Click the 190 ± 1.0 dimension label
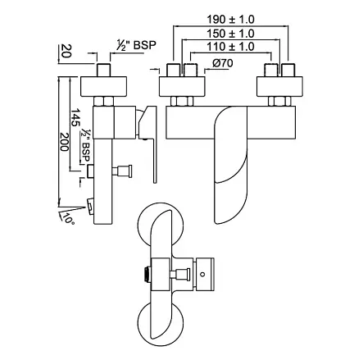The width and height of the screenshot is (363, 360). [230, 20]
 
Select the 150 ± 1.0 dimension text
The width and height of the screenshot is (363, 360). [230, 34]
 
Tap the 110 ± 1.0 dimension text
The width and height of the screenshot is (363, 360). [230, 47]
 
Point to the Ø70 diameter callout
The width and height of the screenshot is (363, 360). [223, 63]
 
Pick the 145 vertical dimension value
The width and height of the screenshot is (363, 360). [75, 117]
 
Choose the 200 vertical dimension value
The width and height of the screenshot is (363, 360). [64, 142]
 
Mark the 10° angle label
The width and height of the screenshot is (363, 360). [68, 219]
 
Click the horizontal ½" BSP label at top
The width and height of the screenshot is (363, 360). [136, 45]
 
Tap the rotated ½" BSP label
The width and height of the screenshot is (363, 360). [85, 145]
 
